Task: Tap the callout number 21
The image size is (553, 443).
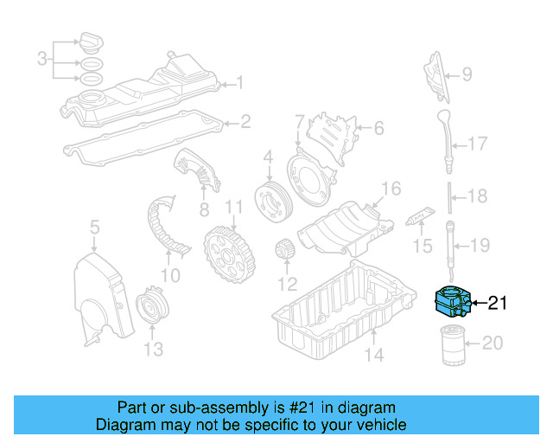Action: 498,303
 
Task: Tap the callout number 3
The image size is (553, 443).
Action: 41,59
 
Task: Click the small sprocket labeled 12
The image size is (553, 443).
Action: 284,254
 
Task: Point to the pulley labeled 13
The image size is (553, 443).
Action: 153,309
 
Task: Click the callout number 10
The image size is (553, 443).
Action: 169,276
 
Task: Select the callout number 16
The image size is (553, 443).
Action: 391,189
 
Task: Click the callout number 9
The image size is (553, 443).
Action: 467,75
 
